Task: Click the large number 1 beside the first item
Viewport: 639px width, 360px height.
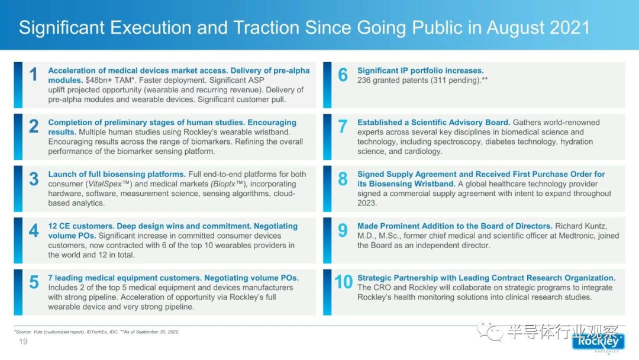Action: pos(33,75)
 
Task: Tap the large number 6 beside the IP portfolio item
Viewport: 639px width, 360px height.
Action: pos(343,75)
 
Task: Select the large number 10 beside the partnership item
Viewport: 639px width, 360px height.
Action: pos(343,282)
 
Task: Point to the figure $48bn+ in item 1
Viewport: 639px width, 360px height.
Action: pos(98,81)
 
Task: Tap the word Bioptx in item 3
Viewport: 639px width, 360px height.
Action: pos(224,184)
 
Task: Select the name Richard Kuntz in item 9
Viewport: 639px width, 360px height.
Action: pos(581,226)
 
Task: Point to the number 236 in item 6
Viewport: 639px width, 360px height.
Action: pos(364,81)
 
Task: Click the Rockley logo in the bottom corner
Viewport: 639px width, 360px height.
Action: pos(598,342)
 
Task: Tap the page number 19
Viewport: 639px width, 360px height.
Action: pos(23,342)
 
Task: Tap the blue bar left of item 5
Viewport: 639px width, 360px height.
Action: pos(18,292)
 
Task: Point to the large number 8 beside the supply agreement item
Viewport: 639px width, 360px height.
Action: pos(343,179)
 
